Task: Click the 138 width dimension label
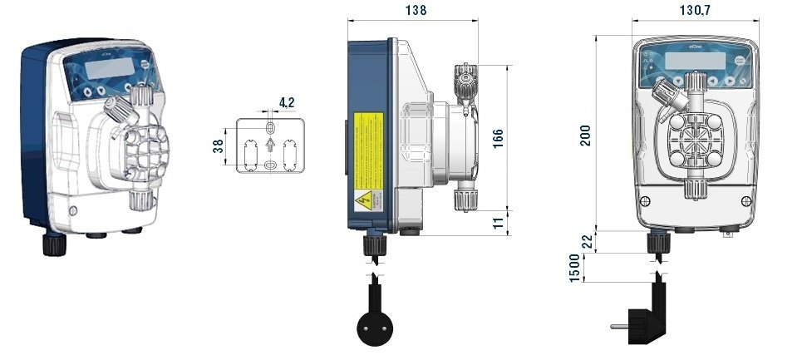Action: pos(417,10)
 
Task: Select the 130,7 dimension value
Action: pos(696,10)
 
